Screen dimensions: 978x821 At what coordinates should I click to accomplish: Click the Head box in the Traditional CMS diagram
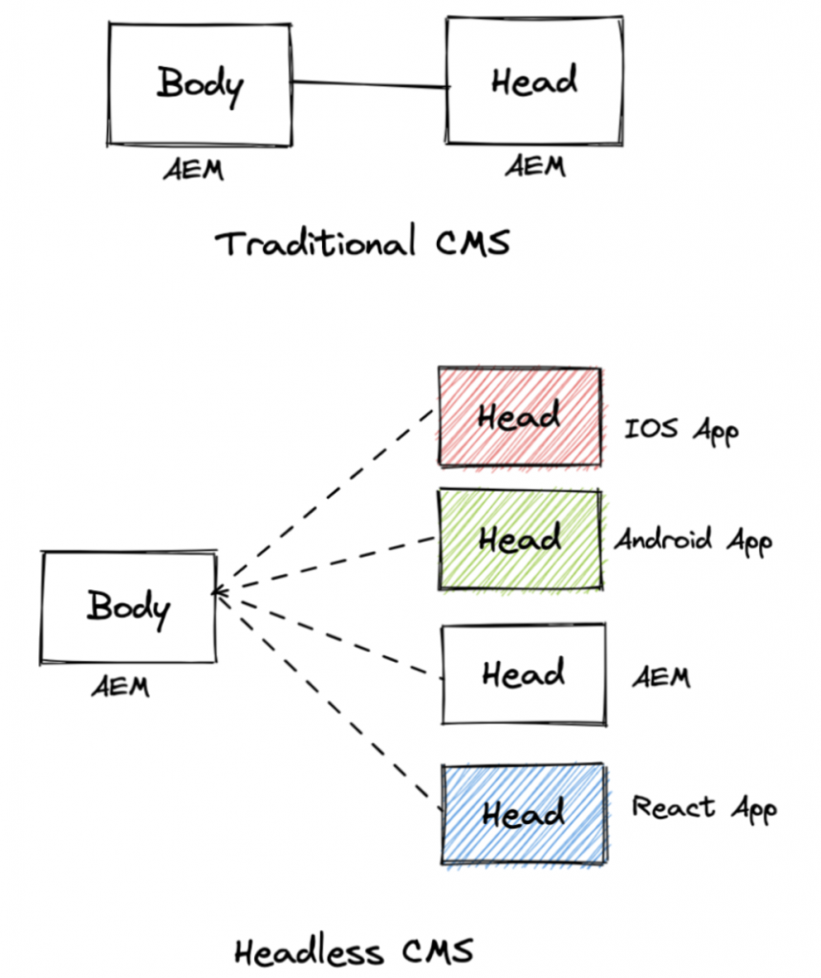pos(534,82)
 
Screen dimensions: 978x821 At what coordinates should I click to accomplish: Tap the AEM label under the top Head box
pos(534,166)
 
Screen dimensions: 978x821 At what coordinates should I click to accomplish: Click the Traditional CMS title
pos(362,244)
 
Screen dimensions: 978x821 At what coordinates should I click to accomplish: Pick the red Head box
pos(519,417)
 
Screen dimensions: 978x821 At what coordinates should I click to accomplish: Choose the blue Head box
pos(523,815)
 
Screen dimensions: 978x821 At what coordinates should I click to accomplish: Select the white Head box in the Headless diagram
pos(523,674)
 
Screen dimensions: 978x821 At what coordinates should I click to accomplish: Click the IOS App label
pos(681,429)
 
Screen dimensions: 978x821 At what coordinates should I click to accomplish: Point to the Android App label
pos(692,541)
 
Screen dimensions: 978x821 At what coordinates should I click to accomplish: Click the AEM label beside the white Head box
pos(660,677)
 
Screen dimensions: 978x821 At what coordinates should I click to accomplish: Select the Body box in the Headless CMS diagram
pos(128,607)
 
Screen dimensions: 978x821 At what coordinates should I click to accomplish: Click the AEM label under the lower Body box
pos(120,686)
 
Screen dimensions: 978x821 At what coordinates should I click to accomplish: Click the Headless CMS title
pos(353,951)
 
